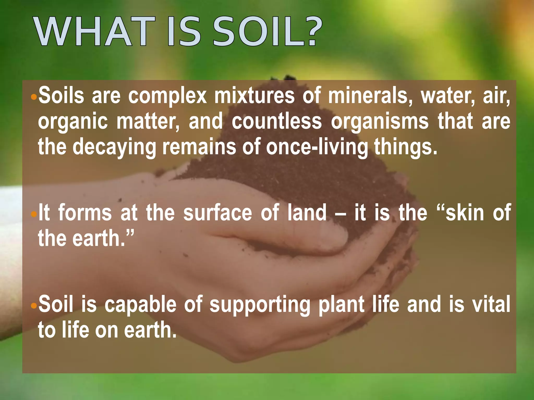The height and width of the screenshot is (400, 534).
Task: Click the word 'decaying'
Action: click(x=114, y=147)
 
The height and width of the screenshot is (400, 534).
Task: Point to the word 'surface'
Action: click(x=217, y=213)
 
